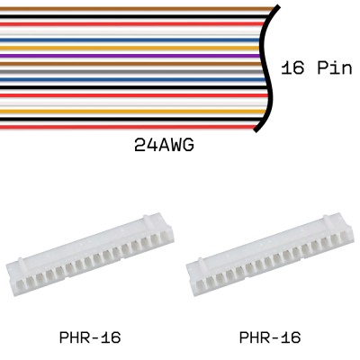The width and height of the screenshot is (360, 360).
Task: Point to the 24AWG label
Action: coord(164,144)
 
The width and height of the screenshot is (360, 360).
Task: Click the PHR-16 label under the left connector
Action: coord(90,338)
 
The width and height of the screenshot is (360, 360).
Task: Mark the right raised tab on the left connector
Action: coord(147,218)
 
